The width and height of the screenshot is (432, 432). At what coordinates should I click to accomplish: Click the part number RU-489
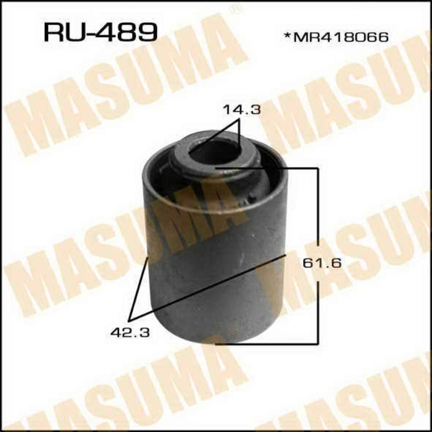tap(99, 32)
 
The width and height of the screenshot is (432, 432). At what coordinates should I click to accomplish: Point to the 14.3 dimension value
tap(242, 111)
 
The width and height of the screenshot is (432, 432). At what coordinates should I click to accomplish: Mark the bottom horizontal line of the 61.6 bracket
tap(265, 342)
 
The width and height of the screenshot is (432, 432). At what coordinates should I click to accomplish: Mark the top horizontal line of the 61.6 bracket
tap(265, 167)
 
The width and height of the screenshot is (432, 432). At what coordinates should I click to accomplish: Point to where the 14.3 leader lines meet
tap(238, 121)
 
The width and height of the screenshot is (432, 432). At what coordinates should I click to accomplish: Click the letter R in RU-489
tap(53, 32)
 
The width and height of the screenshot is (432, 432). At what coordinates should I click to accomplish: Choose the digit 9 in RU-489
tap(145, 32)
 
